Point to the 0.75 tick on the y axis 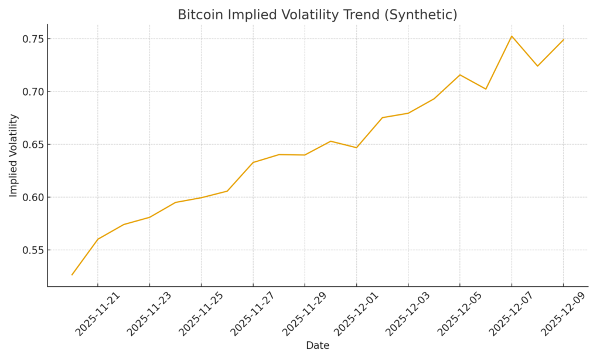pos(33,39)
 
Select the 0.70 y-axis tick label pos(33,92)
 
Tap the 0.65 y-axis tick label pos(33,145)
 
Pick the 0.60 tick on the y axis pos(33,198)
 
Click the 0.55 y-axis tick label pos(33,250)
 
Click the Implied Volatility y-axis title pos(13,155)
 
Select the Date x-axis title pos(318,346)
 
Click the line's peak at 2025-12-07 pos(512,36)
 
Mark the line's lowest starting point pos(72,274)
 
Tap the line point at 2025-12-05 pos(460,75)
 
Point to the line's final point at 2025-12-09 pos(563,40)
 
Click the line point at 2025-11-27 pos(253,162)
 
